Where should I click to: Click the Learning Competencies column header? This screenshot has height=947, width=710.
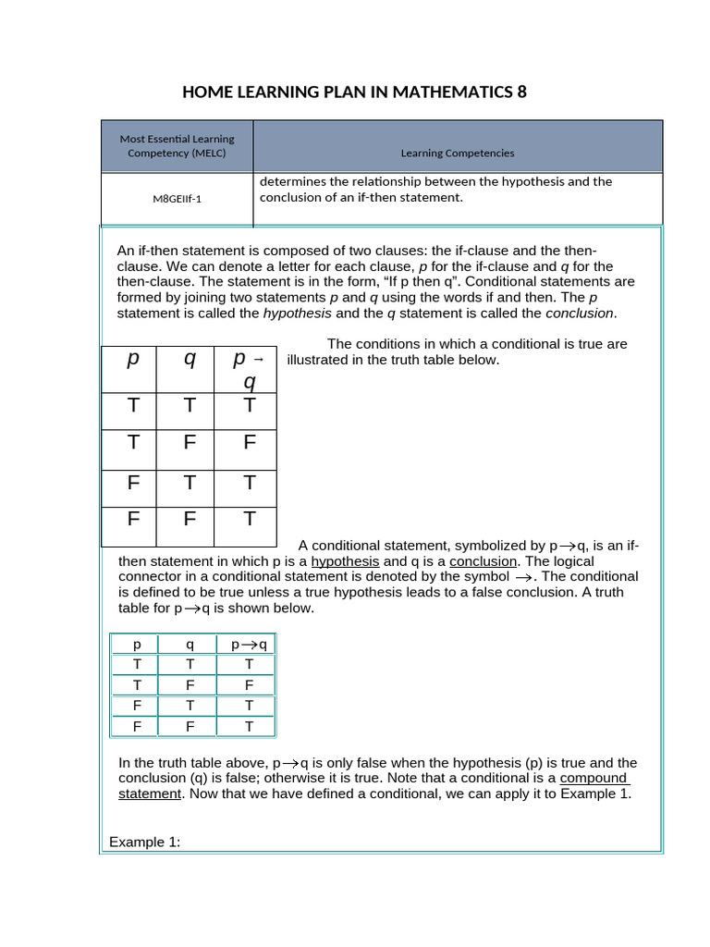(x=458, y=153)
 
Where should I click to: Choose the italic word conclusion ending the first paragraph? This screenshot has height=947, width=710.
(x=580, y=313)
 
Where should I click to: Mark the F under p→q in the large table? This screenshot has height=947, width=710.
(x=249, y=442)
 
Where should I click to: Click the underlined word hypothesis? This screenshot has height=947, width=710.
(x=345, y=561)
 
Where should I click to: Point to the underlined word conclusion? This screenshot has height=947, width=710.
(x=484, y=561)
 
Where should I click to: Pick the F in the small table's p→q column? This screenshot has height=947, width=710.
(x=249, y=685)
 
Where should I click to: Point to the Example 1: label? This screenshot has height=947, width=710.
(x=144, y=842)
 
